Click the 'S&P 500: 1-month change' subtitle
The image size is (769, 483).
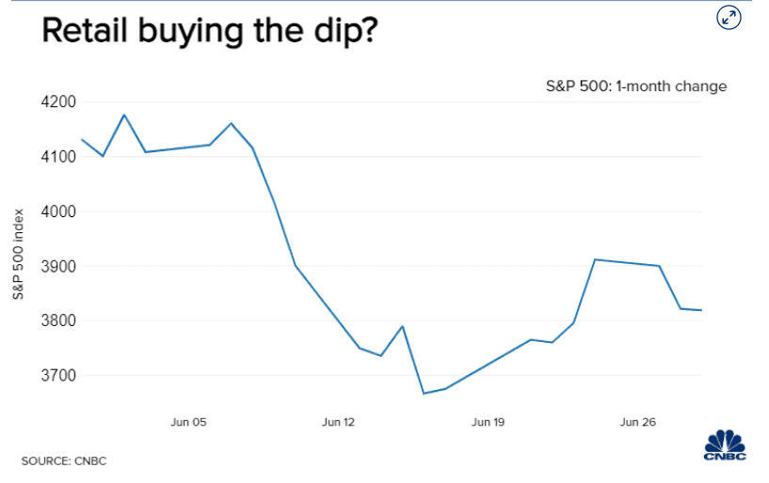pos(637,86)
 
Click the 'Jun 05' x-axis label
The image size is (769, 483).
pos(188,423)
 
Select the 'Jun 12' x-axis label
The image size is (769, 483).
pos(338,423)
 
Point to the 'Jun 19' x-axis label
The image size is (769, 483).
pos(488,423)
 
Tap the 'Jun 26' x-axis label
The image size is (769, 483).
pos(637,423)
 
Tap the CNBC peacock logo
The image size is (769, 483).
pos(726,444)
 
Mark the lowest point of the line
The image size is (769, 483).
pos(424,394)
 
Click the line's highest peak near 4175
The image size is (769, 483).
pos(124,115)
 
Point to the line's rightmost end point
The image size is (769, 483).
pos(701,310)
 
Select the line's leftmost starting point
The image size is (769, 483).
pos(82,139)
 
